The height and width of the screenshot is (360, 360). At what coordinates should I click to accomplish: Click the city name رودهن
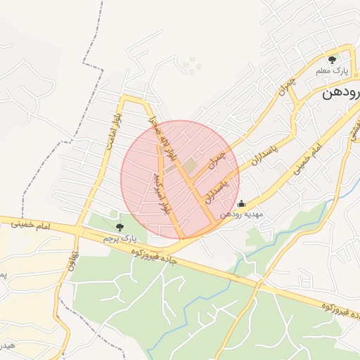(x=340, y=92)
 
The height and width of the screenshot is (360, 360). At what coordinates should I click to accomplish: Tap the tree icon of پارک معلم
(x=333, y=60)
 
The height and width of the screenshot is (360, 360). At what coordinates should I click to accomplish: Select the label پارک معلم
(x=335, y=72)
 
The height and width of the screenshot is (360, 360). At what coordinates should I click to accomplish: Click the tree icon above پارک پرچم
(x=118, y=226)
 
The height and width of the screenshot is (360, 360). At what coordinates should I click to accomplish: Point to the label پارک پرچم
(x=117, y=239)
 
